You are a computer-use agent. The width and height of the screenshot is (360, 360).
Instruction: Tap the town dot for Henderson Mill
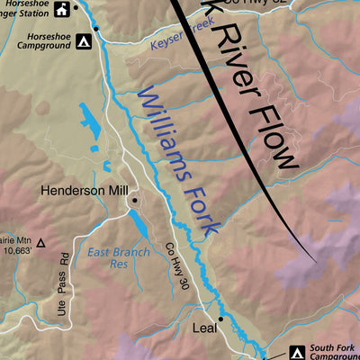134,200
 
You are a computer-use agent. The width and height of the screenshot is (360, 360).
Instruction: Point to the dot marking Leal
220,319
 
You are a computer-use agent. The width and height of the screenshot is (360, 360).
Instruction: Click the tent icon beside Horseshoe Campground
83,41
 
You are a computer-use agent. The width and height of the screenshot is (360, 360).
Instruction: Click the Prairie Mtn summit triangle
40,242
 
